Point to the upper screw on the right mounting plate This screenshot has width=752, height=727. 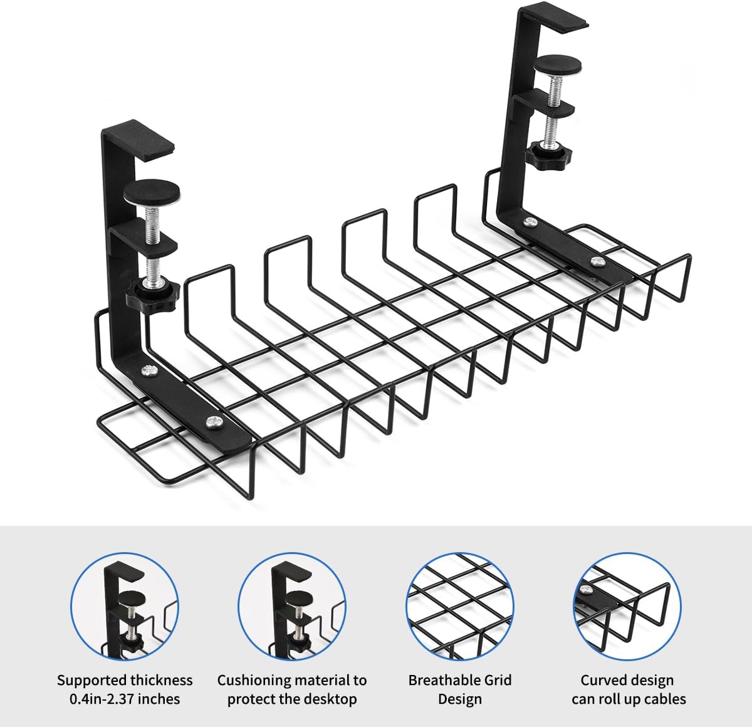531,222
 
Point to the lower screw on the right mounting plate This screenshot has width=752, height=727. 595,261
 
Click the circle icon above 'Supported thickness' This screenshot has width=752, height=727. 124,606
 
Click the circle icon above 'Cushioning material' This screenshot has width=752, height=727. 292,606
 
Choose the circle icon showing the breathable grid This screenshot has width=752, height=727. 460,606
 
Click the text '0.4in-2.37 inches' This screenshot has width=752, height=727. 125,699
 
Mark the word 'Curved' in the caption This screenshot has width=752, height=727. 603,680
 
